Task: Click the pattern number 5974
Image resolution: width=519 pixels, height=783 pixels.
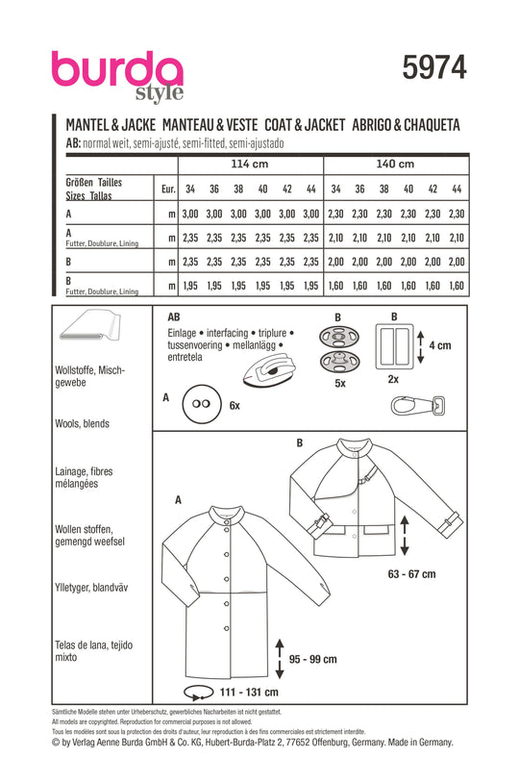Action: click(434, 67)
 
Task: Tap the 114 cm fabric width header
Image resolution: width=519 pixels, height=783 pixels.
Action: click(250, 164)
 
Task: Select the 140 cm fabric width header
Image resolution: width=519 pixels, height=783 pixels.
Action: click(395, 164)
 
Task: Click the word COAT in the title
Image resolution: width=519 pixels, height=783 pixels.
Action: click(282, 125)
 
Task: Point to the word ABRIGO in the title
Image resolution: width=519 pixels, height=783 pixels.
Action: click(371, 125)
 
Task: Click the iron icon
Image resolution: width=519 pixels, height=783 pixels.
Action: click(268, 368)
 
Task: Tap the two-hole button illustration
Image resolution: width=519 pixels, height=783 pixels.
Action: click(201, 403)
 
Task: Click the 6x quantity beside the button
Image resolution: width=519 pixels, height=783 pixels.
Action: click(235, 406)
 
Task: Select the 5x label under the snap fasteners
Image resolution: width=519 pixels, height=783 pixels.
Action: click(340, 383)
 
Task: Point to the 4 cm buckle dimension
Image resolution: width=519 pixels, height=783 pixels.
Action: click(439, 345)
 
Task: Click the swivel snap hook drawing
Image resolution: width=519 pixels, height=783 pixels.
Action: click(418, 405)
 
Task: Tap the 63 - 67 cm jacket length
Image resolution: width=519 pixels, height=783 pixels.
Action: click(411, 573)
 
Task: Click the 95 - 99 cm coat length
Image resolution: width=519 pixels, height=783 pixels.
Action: click(313, 659)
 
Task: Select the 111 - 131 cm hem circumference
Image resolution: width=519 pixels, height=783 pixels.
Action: click(249, 693)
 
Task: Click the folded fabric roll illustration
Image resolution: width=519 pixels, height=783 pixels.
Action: click(89, 325)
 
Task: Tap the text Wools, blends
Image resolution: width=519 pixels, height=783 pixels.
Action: click(82, 423)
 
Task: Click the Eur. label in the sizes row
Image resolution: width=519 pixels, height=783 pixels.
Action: click(168, 189)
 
